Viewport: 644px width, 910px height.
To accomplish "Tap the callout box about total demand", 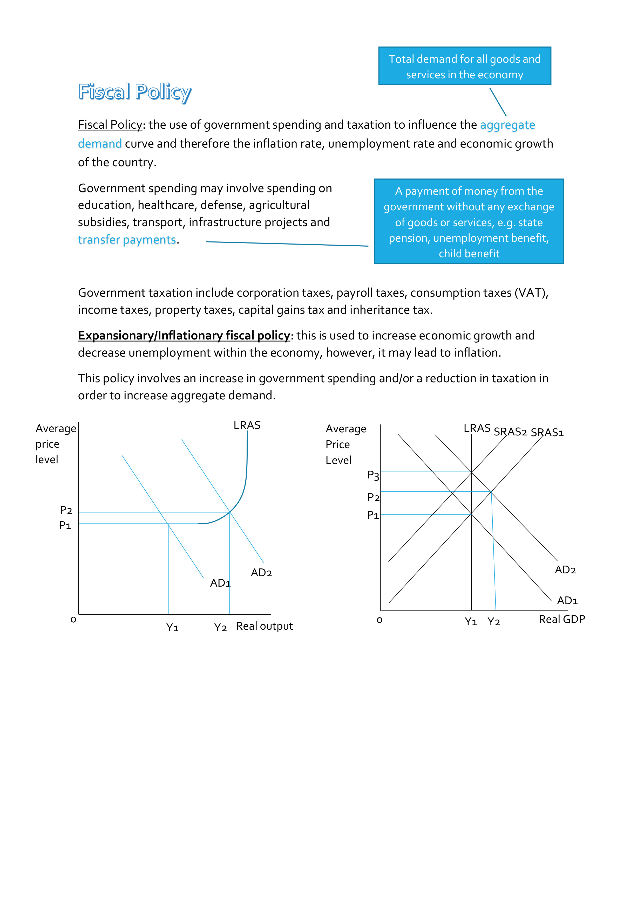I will point(464,66).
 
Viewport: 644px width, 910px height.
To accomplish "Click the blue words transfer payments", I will point(127,240).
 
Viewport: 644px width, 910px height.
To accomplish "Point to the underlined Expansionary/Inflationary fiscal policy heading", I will point(184,336).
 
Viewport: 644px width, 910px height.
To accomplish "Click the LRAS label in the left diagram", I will point(247,425).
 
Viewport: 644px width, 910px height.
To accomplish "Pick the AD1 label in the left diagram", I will point(220,583).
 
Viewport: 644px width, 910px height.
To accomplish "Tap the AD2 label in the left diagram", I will point(261,572).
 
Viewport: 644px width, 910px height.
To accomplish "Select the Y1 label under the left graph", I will point(172,627).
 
